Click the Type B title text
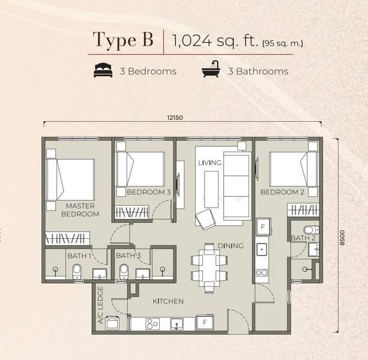coord(123,40)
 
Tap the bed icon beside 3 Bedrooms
coord(103,70)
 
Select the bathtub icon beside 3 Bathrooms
coord(211,69)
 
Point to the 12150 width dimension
coord(175,118)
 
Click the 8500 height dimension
coord(342,238)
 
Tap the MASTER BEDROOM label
coord(80,210)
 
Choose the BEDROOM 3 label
coord(148,192)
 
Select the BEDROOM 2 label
coord(282,192)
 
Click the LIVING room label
coord(210,163)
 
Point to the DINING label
coord(231,246)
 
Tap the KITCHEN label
coord(168,301)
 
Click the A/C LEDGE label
coord(100,305)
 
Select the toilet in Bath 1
coord(77,272)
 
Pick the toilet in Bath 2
coord(311,230)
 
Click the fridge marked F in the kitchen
coord(205,322)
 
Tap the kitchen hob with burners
coord(152,324)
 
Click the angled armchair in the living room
coord(205,219)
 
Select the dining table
coord(210,268)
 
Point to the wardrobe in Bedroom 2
coord(303,209)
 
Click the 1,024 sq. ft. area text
coord(238,41)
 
